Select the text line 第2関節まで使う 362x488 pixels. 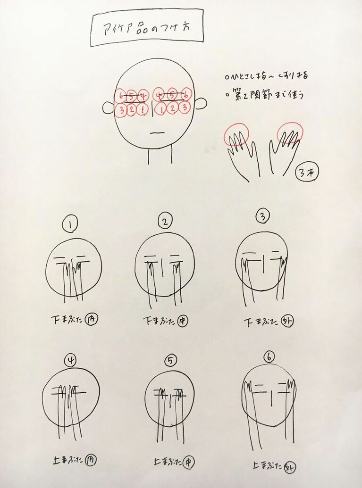pyautogui.click(x=266, y=94)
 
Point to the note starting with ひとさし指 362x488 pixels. pyautogui.click(x=268, y=75)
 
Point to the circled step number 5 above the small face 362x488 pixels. pyautogui.click(x=170, y=361)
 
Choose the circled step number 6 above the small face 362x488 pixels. pyautogui.click(x=269, y=357)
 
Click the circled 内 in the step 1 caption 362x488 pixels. pyautogui.click(x=93, y=319)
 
